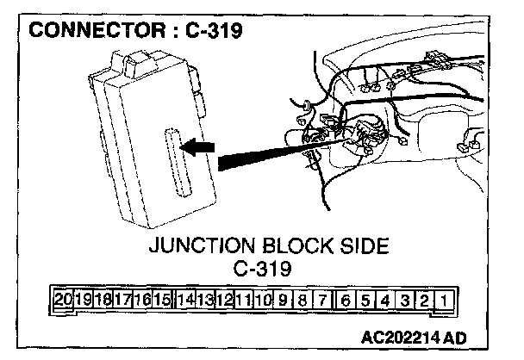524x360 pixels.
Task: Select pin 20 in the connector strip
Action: click(x=62, y=301)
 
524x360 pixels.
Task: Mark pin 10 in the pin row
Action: click(x=264, y=301)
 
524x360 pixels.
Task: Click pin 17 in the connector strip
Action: click(x=122, y=301)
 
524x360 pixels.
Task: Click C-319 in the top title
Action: click(x=209, y=30)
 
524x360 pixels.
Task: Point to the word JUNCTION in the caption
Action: click(x=196, y=246)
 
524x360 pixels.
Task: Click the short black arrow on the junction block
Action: click(x=199, y=148)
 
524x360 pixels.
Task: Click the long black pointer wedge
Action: click(x=267, y=155)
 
